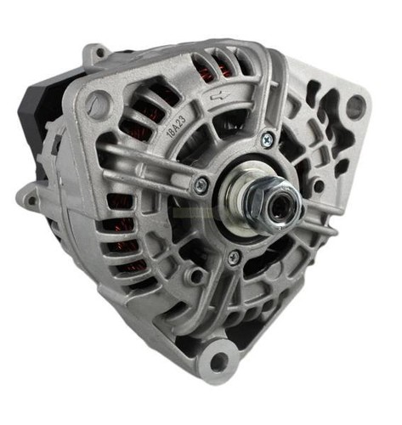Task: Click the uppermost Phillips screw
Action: [267, 139]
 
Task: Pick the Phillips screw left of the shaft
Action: [201, 184]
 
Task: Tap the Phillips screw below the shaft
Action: [234, 257]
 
